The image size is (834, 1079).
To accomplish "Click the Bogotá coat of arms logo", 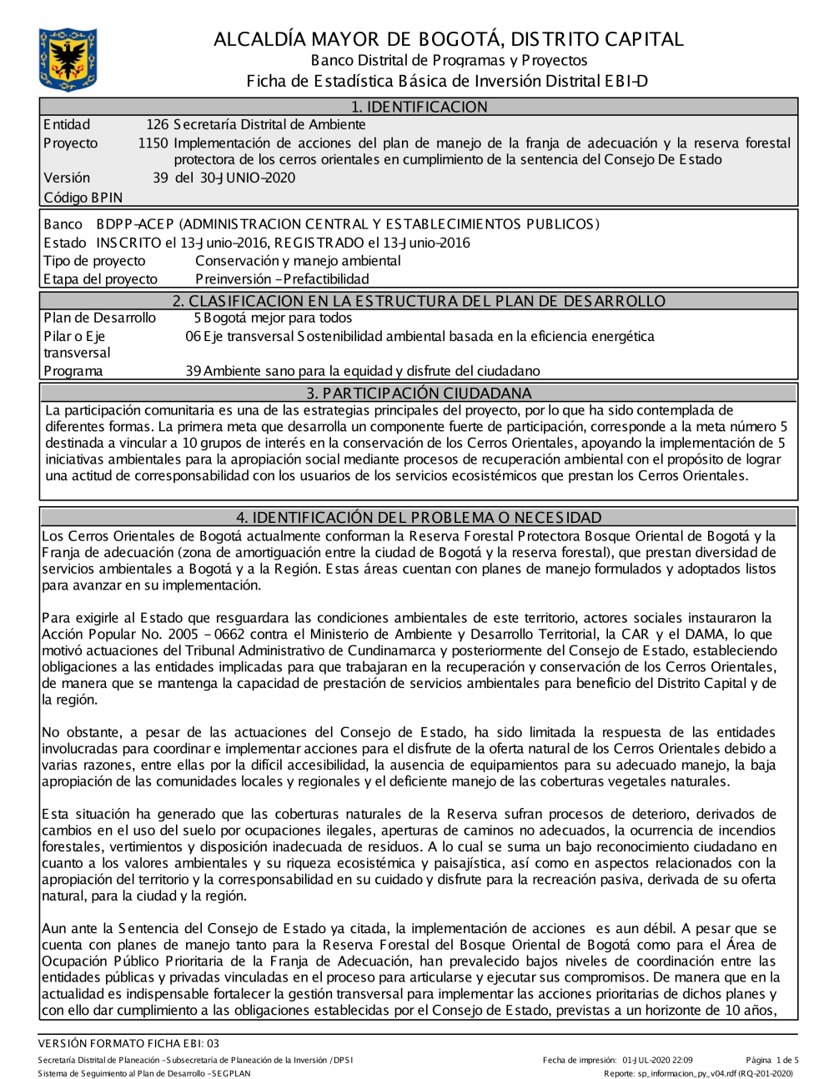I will coord(68,59).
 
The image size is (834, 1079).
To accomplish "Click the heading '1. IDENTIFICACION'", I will coord(419,107).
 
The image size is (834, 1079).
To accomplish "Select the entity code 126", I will coord(157,125).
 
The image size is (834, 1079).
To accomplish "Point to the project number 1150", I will coord(153,143).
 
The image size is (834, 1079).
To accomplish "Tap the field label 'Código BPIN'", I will coord(83,198).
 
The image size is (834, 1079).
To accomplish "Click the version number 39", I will coord(160,178).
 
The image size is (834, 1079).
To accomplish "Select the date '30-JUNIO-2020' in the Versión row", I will coord(248,178).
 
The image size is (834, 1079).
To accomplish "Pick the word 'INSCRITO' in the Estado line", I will coord(128,243).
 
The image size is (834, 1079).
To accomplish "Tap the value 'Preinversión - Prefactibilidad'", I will coord(282,279).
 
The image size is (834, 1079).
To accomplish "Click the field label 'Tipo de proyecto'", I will coord(94,261).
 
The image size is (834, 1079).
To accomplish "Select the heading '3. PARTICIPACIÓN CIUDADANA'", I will coord(419,393).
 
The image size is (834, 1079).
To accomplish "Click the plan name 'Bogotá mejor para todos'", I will coord(278,318).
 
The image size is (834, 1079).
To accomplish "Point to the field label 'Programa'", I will coord(73,371).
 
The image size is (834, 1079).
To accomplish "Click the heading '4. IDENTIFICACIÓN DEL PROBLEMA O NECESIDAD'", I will coord(419,517).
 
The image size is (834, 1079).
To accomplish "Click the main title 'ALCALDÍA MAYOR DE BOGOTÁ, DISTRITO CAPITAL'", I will coord(449,39).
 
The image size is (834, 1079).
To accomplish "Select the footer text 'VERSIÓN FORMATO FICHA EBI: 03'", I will coord(128,1043).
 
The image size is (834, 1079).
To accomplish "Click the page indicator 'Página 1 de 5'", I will coord(772,1061).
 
